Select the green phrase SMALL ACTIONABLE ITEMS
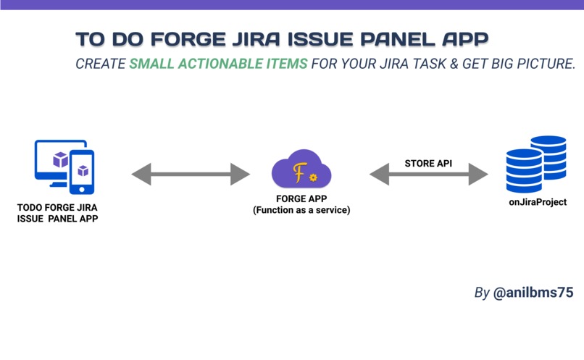pyautogui.click(x=219, y=64)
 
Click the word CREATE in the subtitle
pyautogui.click(x=101, y=64)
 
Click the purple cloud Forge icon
pyautogui.click(x=301, y=171)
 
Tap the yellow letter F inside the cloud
pyautogui.click(x=298, y=172)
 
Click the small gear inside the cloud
pyautogui.click(x=313, y=177)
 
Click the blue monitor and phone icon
pyautogui.click(x=64, y=167)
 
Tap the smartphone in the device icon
pyautogui.click(x=83, y=172)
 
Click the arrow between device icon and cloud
pyautogui.click(x=191, y=174)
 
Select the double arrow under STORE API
pyautogui.click(x=429, y=174)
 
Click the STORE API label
pyautogui.click(x=428, y=163)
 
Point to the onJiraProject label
pyautogui.click(x=537, y=202)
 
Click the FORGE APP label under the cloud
pyautogui.click(x=301, y=200)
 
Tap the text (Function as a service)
pyautogui.click(x=301, y=210)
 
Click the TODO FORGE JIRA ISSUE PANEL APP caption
pyautogui.click(x=57, y=213)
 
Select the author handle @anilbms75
pyautogui.click(x=533, y=293)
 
